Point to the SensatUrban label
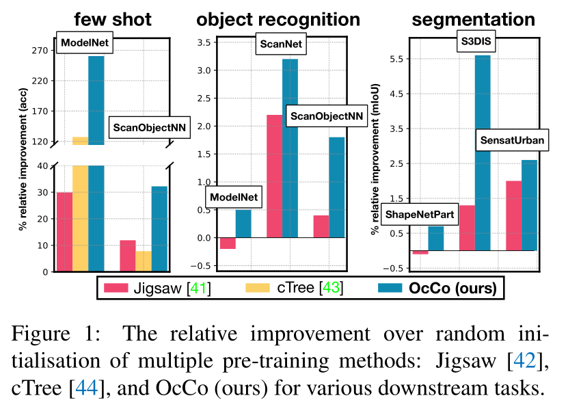pyautogui.click(x=512, y=141)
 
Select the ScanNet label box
pyautogui.click(x=281, y=46)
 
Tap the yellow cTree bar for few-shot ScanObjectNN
pyautogui.click(x=144, y=261)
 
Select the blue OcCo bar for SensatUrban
pyautogui.click(x=529, y=205)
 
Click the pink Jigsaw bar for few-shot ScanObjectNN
pyautogui.click(x=128, y=255)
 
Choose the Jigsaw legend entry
pyautogui.click(x=157, y=289)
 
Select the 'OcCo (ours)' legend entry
pyautogui.click(x=437, y=289)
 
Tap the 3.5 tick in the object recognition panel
pyautogui.click(x=202, y=42)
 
